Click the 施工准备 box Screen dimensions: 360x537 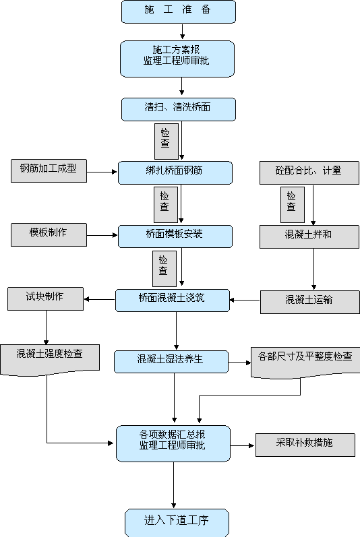coord(179,11)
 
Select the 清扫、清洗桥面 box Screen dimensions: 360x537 coord(179,109)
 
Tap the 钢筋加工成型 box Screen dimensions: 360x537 coord(49,170)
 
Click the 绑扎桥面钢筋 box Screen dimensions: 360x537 coord(175,172)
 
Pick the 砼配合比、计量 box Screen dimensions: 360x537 coord(309,173)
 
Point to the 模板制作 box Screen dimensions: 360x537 coord(49,234)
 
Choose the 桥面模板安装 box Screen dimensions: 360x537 coord(175,236)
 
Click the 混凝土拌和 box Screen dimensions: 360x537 coord(309,236)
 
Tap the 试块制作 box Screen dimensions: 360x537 coord(46,298)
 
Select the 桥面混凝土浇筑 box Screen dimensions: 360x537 coord(173,301)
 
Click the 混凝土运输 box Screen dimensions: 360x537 coord(310,302)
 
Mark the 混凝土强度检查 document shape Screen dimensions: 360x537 coord(50,360)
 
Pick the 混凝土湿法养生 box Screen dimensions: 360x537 coord(171,362)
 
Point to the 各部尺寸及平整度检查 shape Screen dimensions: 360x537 coord(305,362)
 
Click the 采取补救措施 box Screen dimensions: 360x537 coord(305,445)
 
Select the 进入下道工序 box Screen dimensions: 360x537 coord(177,523)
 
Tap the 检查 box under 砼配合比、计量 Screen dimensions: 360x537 coord(293,205)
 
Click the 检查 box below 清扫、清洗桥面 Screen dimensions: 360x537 coord(167,141)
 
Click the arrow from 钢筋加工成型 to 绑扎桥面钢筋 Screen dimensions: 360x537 coord(102,172)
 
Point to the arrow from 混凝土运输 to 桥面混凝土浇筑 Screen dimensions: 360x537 coord(245,300)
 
